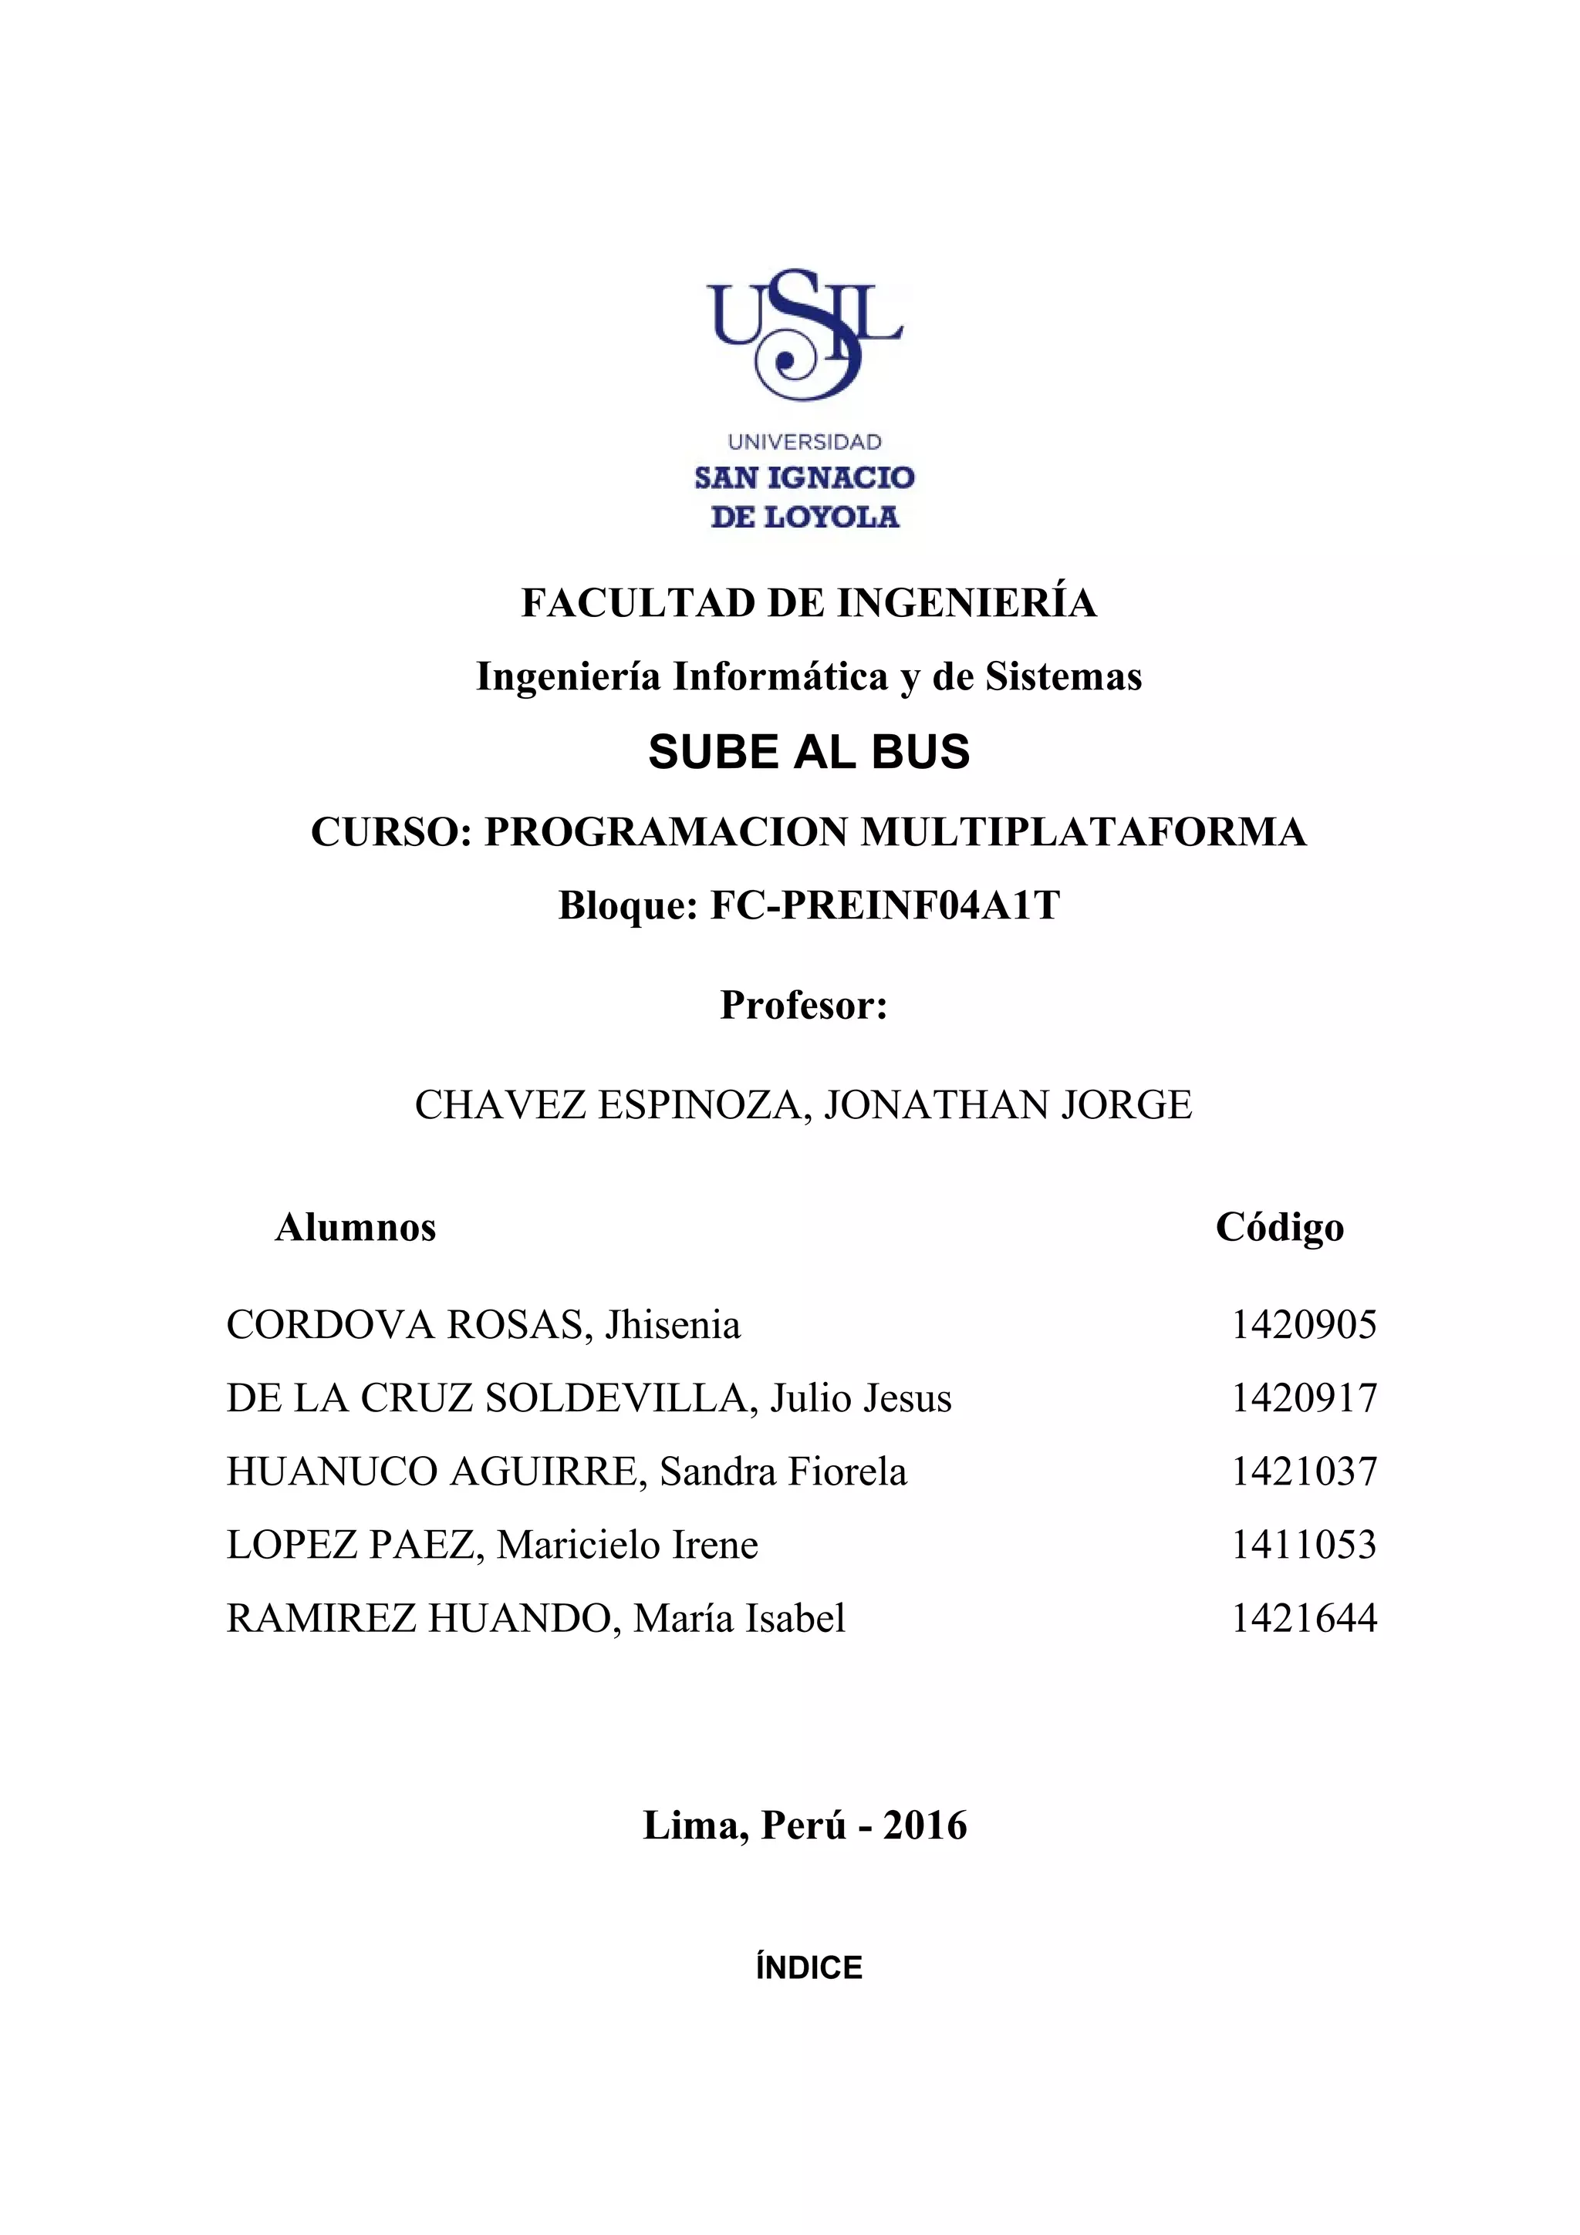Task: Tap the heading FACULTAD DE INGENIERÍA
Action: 809,604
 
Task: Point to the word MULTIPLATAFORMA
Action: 1083,832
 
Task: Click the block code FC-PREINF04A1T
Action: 885,906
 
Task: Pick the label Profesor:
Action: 804,1006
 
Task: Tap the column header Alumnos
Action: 356,1229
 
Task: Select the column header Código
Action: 1279,1229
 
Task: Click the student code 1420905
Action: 1304,1326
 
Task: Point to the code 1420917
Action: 1304,1399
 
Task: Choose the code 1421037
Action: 1304,1471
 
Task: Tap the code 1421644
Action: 1304,1619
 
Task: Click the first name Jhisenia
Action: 673,1326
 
